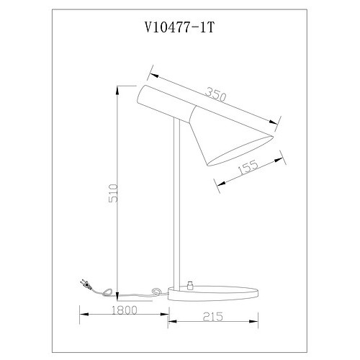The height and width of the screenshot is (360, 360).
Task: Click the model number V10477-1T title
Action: (179, 27)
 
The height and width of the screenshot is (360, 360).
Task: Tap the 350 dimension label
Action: (216, 94)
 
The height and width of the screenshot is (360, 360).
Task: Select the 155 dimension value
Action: (248, 166)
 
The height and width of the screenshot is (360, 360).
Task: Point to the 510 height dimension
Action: (113, 193)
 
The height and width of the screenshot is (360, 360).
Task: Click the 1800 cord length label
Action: (125, 310)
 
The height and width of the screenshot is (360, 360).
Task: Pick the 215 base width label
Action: (213, 317)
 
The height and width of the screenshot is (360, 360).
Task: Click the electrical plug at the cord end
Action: (85, 284)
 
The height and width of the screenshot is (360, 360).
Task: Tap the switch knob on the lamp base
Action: (191, 285)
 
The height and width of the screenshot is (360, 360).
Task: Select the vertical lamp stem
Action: (176, 203)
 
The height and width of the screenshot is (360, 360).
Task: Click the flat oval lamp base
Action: (213, 293)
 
